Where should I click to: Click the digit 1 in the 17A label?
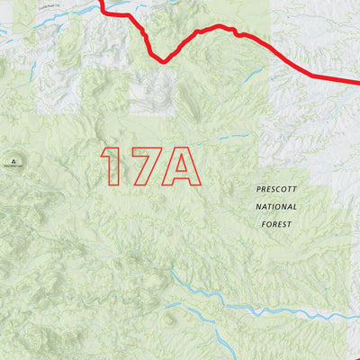[112, 166]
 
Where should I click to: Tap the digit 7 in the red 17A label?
[140, 166]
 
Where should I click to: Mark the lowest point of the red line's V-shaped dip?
[162, 61]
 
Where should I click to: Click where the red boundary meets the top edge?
[102, 2]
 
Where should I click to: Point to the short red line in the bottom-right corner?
[353, 316]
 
